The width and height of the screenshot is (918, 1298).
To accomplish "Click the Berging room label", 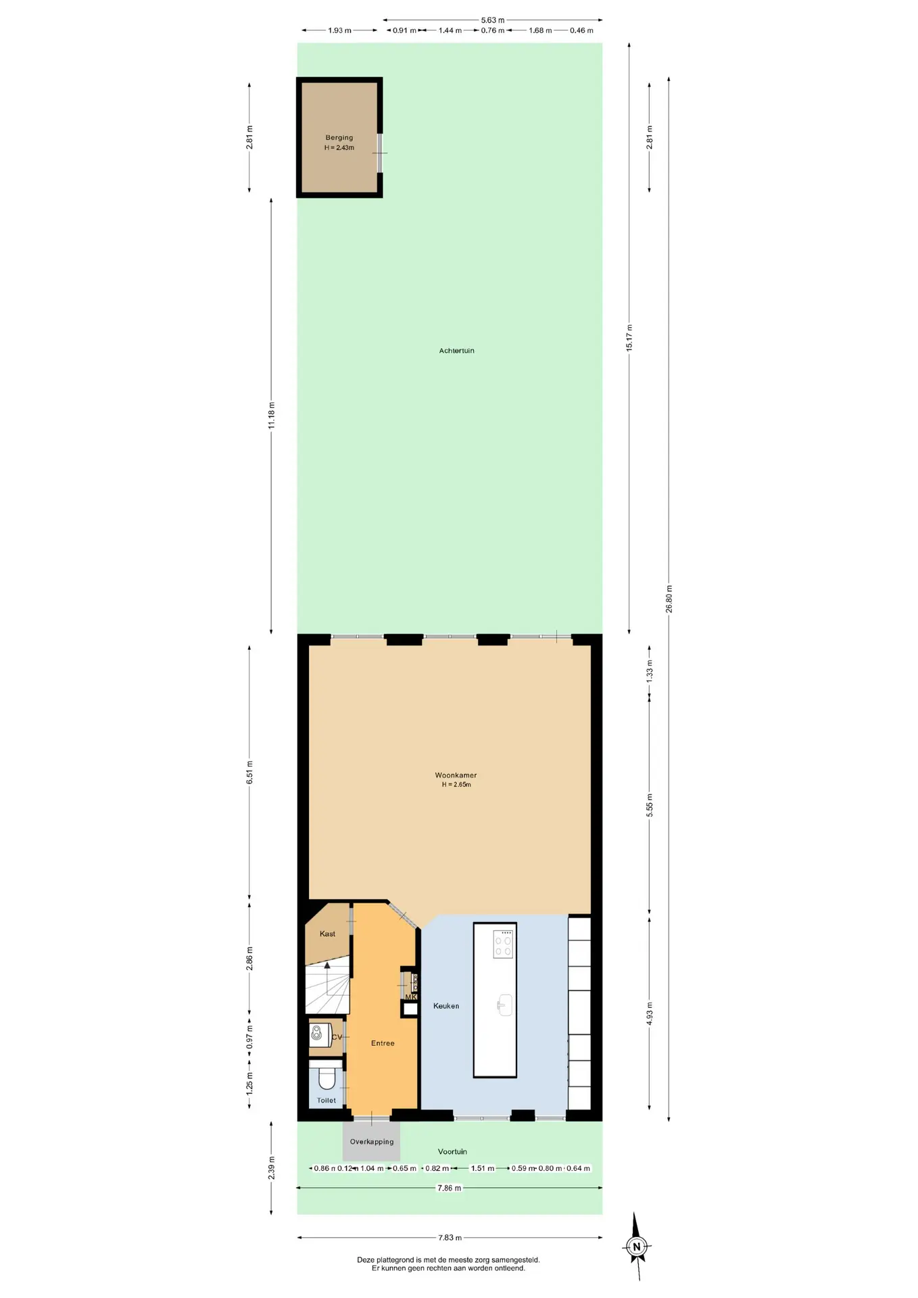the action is pyautogui.click(x=339, y=138).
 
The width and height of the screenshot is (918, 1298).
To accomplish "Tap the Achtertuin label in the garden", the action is pyautogui.click(x=457, y=351).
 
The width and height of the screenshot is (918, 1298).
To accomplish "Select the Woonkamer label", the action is pyautogui.click(x=456, y=775).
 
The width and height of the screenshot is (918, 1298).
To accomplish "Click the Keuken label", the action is pyautogui.click(x=446, y=1006).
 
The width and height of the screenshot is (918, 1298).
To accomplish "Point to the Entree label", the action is pyautogui.click(x=383, y=1043).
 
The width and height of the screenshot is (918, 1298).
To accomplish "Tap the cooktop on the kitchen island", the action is pyautogui.click(x=504, y=943).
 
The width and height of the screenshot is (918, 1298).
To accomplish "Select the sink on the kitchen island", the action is pyautogui.click(x=504, y=1005).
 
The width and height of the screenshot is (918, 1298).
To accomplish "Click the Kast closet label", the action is pyautogui.click(x=327, y=934).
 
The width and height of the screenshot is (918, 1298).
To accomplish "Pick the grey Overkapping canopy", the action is pyautogui.click(x=371, y=1142).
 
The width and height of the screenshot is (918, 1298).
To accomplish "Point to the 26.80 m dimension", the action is pyautogui.click(x=669, y=598).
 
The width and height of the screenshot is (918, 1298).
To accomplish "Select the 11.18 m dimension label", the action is pyautogui.click(x=272, y=415).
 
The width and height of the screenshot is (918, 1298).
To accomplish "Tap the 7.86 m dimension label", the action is pyautogui.click(x=449, y=1188).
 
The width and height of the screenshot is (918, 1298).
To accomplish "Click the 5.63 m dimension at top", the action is pyautogui.click(x=493, y=20).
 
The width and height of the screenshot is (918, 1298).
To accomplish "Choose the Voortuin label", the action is pyautogui.click(x=452, y=1151).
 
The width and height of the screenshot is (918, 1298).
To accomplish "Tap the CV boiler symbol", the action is pyautogui.click(x=316, y=1032).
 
